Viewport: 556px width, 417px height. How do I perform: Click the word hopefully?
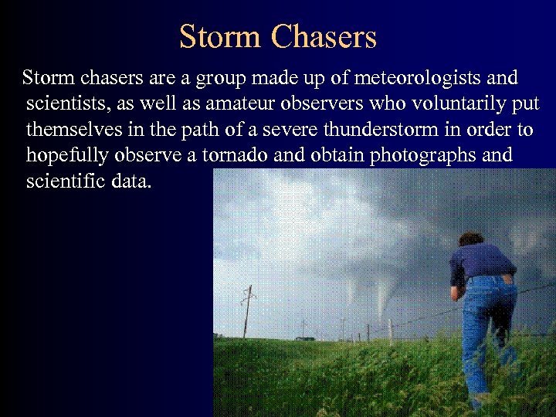[x=67, y=155]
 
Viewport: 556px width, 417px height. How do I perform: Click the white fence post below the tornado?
[x=391, y=332]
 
